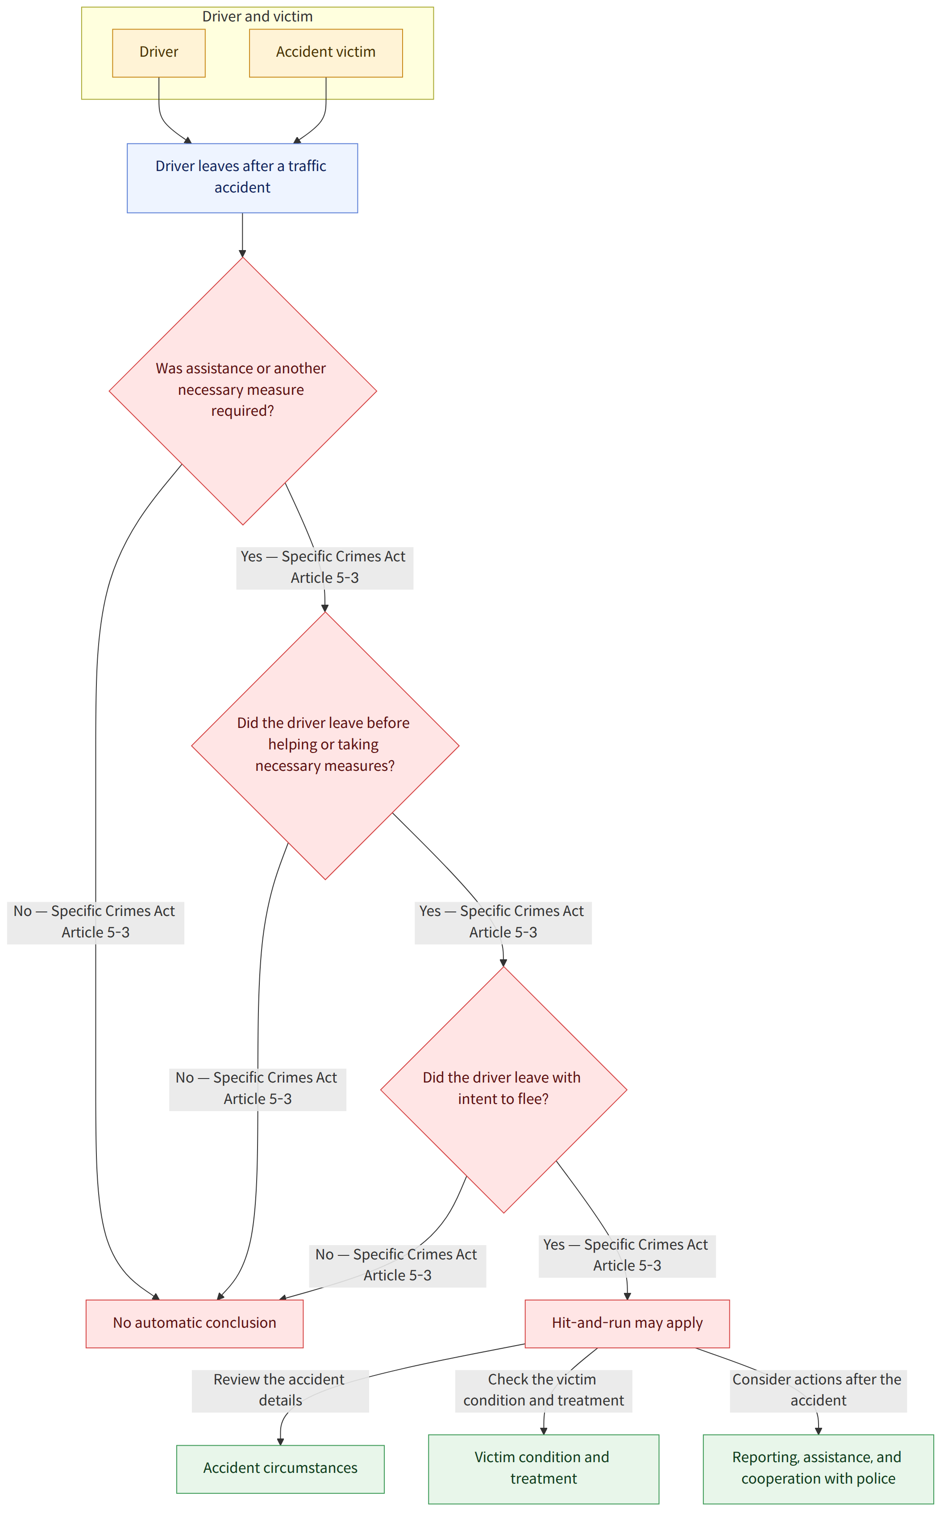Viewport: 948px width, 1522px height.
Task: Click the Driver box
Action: point(158,53)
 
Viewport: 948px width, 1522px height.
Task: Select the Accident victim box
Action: point(326,53)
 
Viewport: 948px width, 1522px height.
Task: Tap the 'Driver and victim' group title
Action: point(257,17)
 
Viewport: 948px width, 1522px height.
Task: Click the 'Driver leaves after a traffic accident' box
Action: point(242,178)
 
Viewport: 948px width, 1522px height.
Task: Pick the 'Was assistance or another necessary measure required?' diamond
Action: point(243,391)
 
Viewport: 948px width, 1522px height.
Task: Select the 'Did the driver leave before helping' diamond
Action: point(325,745)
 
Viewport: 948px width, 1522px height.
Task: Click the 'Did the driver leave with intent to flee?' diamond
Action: point(503,1089)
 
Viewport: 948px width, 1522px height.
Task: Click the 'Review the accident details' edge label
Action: point(280,1391)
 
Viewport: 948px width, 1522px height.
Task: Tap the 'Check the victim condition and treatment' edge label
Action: point(544,1391)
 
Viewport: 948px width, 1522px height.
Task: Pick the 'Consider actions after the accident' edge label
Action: point(818,1391)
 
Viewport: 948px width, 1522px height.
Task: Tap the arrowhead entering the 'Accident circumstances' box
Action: point(280,1442)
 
